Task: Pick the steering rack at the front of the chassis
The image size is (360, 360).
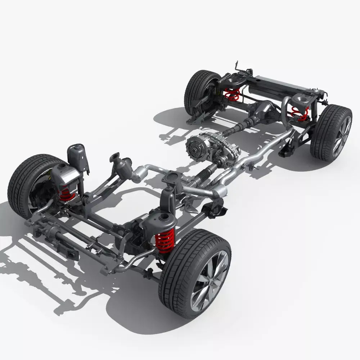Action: pyautogui.click(x=54, y=236)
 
